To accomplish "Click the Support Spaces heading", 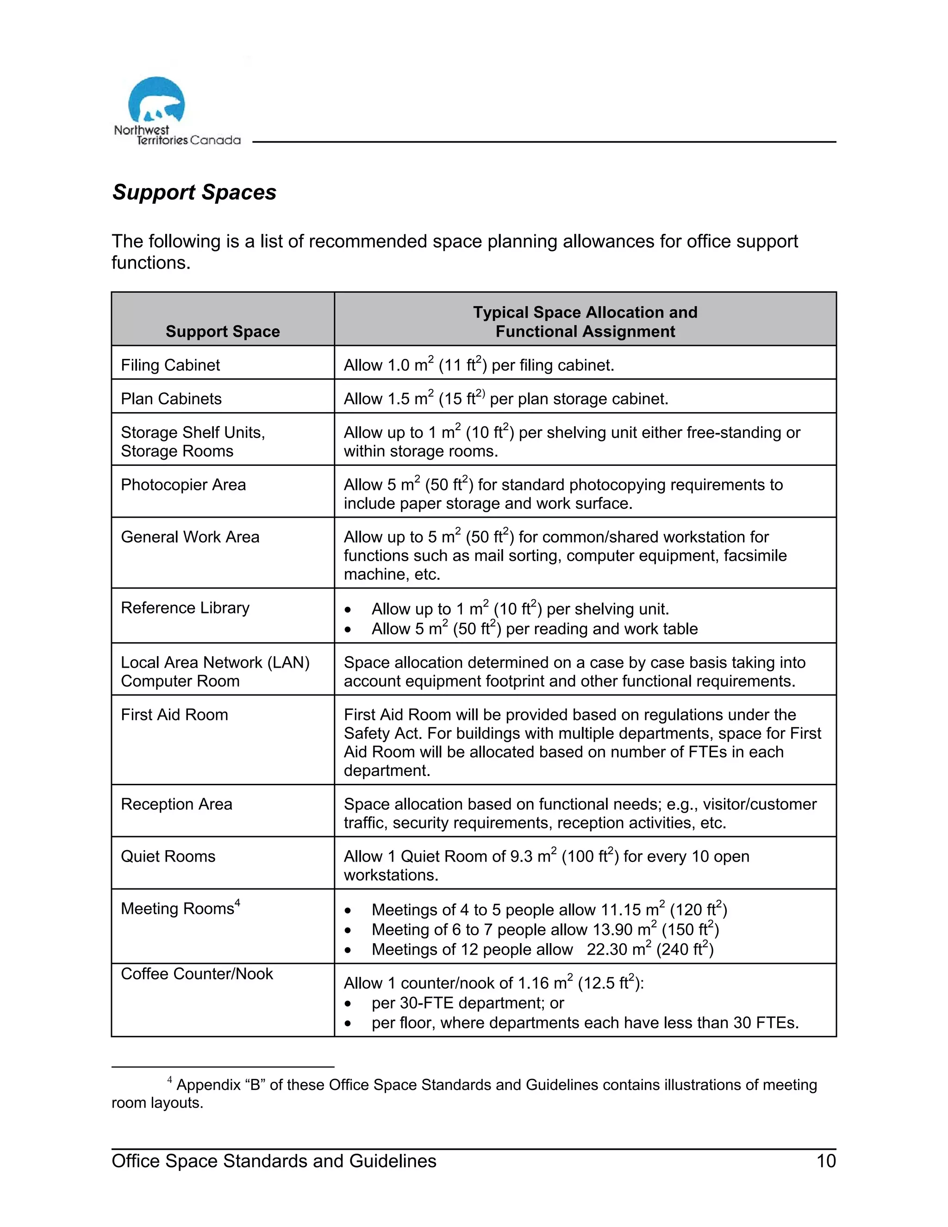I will pos(194,192).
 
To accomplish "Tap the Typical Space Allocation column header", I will pos(585,321).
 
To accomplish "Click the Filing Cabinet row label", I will pos(170,365).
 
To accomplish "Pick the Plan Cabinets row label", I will pos(171,399).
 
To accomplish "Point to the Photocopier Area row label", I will pos(183,485).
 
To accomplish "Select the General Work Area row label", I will pos(190,537).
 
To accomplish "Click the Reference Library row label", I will pos(185,608).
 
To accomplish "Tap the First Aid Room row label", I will pos(174,714).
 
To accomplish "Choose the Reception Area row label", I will pos(176,804).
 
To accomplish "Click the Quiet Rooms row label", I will pos(168,856).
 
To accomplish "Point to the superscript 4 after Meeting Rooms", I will pos(237,903).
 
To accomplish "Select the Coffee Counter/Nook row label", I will pos(197,974).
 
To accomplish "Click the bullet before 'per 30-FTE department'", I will pos(348,1003).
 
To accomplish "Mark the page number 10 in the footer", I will pos(826,1161).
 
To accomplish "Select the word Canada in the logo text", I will pos(215,140).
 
